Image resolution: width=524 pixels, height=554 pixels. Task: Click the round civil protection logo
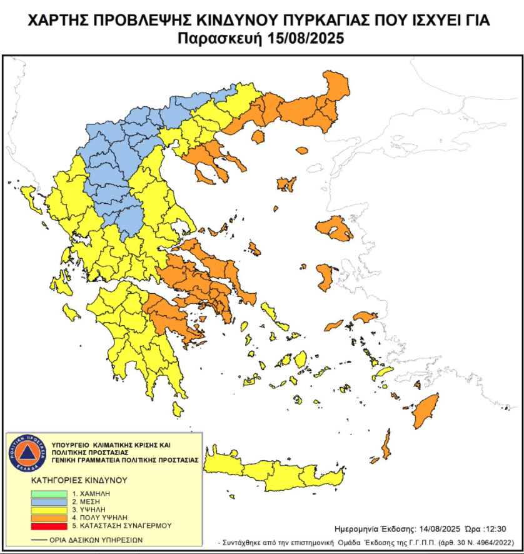pos(28,452)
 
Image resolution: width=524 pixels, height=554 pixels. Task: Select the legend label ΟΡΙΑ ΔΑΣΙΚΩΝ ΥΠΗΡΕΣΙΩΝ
pos(96,539)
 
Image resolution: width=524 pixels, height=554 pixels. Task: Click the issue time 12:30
pos(496,528)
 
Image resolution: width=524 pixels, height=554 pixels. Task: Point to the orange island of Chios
pos(325,275)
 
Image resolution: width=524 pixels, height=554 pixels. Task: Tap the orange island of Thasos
pos(302,150)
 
